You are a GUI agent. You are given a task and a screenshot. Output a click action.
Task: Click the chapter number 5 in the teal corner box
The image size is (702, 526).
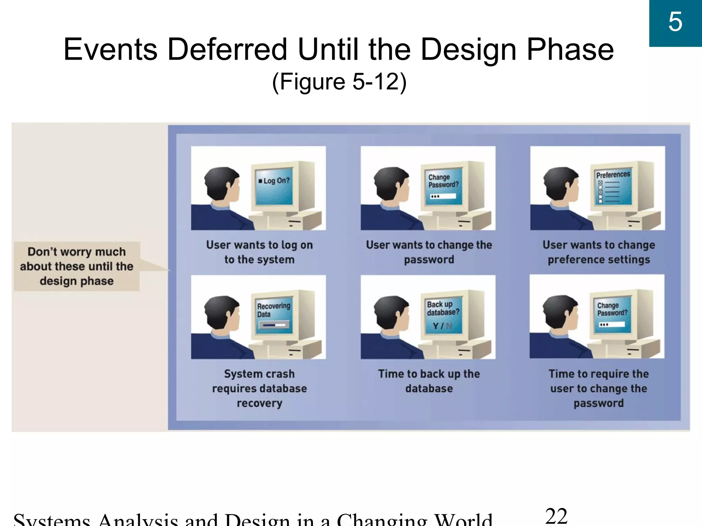point(675,22)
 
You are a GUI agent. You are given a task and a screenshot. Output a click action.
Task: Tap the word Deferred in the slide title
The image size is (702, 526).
point(227,50)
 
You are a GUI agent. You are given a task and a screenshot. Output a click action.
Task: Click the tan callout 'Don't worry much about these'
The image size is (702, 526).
point(76,266)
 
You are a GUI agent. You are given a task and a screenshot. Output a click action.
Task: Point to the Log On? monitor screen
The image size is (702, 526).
point(275,186)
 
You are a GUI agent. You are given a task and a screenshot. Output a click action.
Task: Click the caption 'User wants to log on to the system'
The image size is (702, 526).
point(259,252)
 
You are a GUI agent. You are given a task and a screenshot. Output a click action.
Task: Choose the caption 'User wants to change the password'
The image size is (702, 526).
point(429,252)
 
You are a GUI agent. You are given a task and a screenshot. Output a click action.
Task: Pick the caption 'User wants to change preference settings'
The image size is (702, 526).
point(598,252)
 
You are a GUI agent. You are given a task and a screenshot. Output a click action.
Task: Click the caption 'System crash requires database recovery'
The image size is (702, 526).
point(259,388)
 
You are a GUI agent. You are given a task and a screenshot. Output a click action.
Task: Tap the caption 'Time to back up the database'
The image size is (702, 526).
point(429,381)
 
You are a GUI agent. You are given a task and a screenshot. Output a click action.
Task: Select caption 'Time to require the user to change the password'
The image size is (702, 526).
point(598,388)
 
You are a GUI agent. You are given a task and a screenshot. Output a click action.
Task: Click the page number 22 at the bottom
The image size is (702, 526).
point(556,516)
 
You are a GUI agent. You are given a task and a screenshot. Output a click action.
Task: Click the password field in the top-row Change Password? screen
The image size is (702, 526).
point(443,196)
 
